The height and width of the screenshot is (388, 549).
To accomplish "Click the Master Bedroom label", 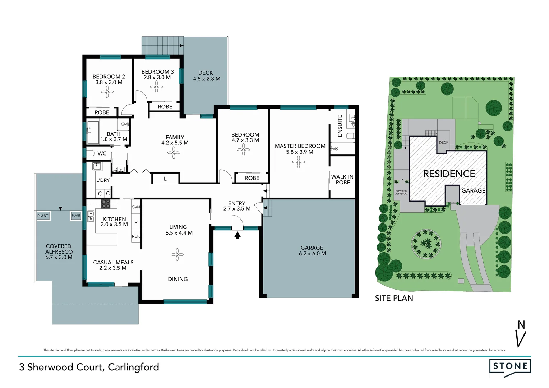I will (x=300, y=146).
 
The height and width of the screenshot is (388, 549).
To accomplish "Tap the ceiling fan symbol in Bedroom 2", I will (x=107, y=92).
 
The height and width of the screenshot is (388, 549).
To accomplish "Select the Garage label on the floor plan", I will (x=312, y=248).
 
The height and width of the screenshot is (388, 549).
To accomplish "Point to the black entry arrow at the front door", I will (x=237, y=235).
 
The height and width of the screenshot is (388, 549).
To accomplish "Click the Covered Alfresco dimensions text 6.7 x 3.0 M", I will (x=59, y=257).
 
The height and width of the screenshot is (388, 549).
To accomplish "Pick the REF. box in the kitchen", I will (x=136, y=236).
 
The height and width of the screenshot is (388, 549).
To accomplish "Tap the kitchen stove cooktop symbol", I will (x=106, y=204).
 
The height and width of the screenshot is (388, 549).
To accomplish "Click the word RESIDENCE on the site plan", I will (x=449, y=174).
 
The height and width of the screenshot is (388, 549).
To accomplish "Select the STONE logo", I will (x=510, y=366).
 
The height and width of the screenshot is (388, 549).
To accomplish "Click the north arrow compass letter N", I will (x=521, y=325).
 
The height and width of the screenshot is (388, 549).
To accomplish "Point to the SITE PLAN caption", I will (x=394, y=298).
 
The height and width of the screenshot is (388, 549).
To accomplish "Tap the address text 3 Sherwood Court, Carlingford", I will (x=89, y=367).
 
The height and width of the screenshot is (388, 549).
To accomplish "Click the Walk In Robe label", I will (x=342, y=180).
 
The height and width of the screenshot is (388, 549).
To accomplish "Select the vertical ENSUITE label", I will (x=340, y=126).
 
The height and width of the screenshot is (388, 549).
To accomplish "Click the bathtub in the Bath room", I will (x=93, y=133).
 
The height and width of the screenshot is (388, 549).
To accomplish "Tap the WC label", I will (x=102, y=153).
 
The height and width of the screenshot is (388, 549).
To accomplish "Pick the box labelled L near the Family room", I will (x=165, y=179).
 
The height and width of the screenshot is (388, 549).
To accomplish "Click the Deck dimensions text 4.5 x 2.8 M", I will (x=207, y=79).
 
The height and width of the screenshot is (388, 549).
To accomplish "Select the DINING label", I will (x=177, y=279).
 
